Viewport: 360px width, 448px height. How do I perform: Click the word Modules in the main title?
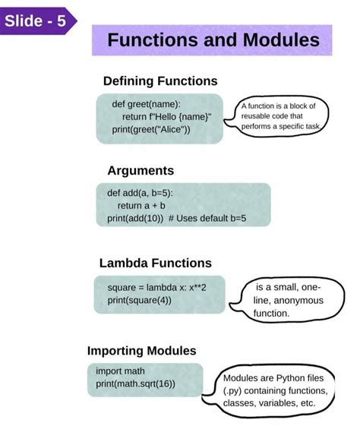tap(281, 39)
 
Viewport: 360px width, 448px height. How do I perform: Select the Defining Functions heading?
tap(160, 81)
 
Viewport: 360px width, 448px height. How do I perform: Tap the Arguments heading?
tap(141, 171)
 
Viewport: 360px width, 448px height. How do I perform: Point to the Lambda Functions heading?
tap(156, 263)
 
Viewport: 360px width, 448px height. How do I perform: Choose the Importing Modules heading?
tap(142, 351)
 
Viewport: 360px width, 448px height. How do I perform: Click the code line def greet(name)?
tap(147, 104)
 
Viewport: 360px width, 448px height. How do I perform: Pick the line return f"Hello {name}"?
tap(167, 117)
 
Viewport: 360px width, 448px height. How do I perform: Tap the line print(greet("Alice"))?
tap(151, 130)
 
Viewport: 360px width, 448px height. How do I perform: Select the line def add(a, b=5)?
tap(140, 193)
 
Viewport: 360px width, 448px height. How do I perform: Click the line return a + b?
tap(141, 206)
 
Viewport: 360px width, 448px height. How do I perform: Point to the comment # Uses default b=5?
tap(207, 218)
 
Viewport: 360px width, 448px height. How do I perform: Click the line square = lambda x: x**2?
tap(156, 288)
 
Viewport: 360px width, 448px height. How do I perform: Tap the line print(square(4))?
tap(140, 300)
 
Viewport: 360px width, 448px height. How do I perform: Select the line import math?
tap(120, 371)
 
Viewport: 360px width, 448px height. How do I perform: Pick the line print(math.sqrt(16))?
tap(135, 383)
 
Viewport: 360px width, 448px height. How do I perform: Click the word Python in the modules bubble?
tap(291, 379)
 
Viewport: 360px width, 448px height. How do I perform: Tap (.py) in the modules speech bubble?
tap(232, 391)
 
